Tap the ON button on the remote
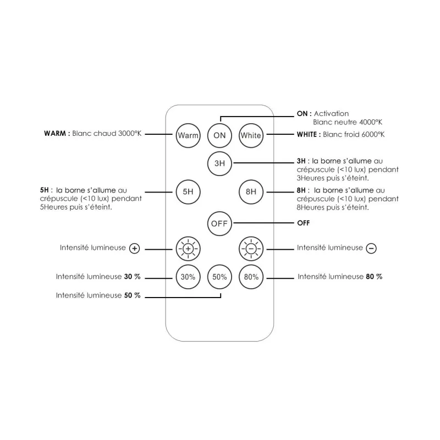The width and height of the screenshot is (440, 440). click(x=219, y=135)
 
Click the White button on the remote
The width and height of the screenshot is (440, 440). click(x=251, y=135)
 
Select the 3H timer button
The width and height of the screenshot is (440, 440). click(x=219, y=163)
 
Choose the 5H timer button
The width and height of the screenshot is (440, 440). click(x=188, y=192)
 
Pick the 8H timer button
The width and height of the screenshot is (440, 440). click(x=251, y=192)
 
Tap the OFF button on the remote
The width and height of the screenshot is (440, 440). click(x=219, y=224)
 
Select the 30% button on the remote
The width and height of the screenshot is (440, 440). click(x=188, y=277)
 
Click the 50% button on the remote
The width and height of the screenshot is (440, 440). click(x=219, y=277)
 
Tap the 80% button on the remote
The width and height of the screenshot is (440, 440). click(x=251, y=277)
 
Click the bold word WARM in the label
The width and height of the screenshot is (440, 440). click(x=55, y=133)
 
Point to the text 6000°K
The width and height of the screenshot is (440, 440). click(x=373, y=134)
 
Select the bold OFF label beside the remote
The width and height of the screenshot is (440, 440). click(x=304, y=223)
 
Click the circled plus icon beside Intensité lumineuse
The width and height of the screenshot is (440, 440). click(x=134, y=249)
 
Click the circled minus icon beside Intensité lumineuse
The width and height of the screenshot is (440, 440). click(x=371, y=249)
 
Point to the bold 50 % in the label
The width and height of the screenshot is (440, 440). click(x=132, y=295)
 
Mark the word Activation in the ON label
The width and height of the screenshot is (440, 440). click(x=331, y=114)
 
